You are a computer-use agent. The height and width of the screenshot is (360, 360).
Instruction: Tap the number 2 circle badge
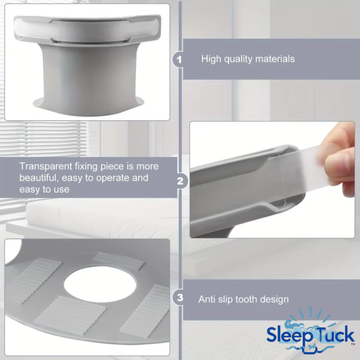[180, 181]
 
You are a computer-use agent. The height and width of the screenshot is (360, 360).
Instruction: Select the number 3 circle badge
[180, 298]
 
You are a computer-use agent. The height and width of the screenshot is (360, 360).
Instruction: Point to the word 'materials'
[275, 59]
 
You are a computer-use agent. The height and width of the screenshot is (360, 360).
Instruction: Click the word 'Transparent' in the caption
[46, 166]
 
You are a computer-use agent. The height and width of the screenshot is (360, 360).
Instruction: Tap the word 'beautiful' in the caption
[39, 178]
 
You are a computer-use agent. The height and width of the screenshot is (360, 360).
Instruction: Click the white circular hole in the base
[100, 284]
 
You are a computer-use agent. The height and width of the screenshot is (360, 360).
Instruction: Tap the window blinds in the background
[43, 139]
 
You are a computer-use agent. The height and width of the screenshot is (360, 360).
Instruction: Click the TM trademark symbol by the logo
[353, 344]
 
